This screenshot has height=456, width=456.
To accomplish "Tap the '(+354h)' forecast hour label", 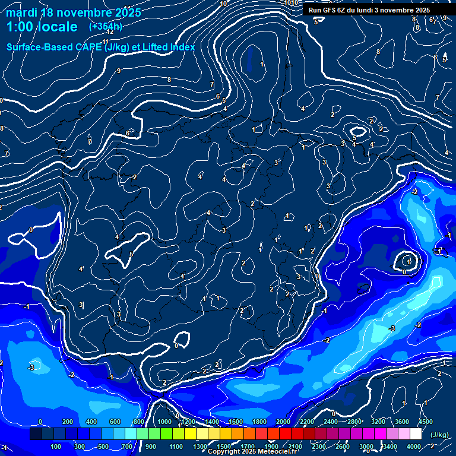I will point(106,26).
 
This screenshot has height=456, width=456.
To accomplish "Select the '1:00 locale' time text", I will point(42,27).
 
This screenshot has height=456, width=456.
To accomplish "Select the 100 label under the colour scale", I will point(56,446).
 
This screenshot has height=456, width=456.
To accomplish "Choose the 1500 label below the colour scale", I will point(223,446).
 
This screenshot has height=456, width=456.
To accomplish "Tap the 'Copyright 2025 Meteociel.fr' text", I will point(252,452).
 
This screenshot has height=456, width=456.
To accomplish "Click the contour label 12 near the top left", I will point(110,31).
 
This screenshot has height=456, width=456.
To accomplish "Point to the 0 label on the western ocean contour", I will point(31,229).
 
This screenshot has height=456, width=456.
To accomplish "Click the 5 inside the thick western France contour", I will point(131,254).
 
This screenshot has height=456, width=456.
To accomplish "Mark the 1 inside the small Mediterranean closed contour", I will point(408,261).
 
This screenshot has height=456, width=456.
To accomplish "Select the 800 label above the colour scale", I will point(139,422).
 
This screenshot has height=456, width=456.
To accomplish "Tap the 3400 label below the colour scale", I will point(389,446).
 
